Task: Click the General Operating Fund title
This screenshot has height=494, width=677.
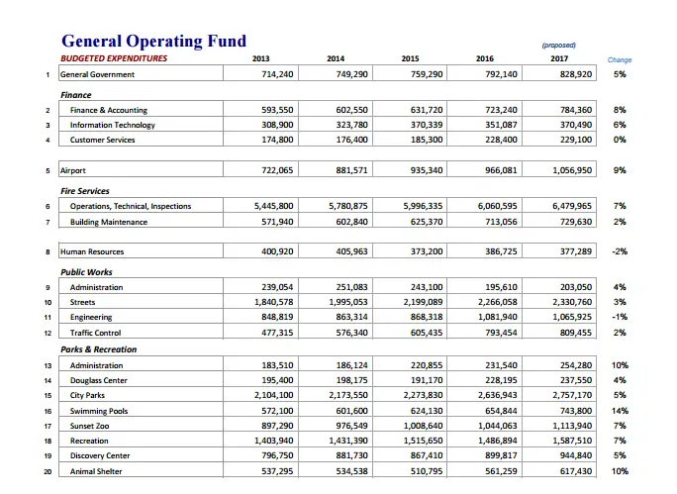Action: click(153, 41)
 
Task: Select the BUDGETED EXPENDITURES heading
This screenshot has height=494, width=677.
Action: click(114, 58)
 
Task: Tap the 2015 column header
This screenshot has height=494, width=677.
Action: click(410, 58)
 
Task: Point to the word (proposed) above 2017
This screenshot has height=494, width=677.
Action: click(558, 46)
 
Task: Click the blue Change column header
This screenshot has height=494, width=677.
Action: click(620, 59)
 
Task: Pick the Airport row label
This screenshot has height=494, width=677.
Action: click(73, 170)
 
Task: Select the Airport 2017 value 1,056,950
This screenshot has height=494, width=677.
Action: click(572, 170)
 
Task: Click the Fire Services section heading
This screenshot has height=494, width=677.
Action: click(85, 191)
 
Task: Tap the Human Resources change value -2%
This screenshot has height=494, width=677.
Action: click(620, 251)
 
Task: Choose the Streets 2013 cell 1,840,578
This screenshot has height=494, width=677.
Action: click(274, 302)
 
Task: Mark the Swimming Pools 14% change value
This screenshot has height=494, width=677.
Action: click(620, 411)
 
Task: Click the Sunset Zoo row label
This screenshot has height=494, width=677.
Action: click(90, 426)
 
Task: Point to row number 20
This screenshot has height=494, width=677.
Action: click(48, 471)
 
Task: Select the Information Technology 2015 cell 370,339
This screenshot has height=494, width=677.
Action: click(427, 125)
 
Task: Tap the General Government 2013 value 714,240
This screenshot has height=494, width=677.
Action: click(277, 74)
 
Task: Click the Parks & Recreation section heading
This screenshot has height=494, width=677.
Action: click(98, 349)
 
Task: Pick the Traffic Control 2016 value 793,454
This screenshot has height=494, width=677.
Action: click(501, 333)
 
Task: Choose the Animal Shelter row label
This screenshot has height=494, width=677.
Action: click(96, 471)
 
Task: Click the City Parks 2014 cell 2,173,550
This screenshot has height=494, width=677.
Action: click(348, 395)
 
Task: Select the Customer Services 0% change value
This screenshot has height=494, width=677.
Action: click(620, 140)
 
